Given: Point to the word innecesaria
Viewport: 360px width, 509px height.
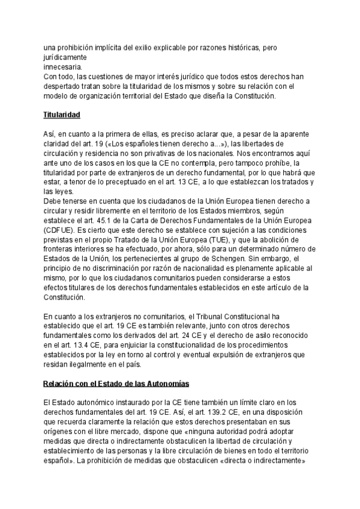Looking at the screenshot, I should pos(63,67).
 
